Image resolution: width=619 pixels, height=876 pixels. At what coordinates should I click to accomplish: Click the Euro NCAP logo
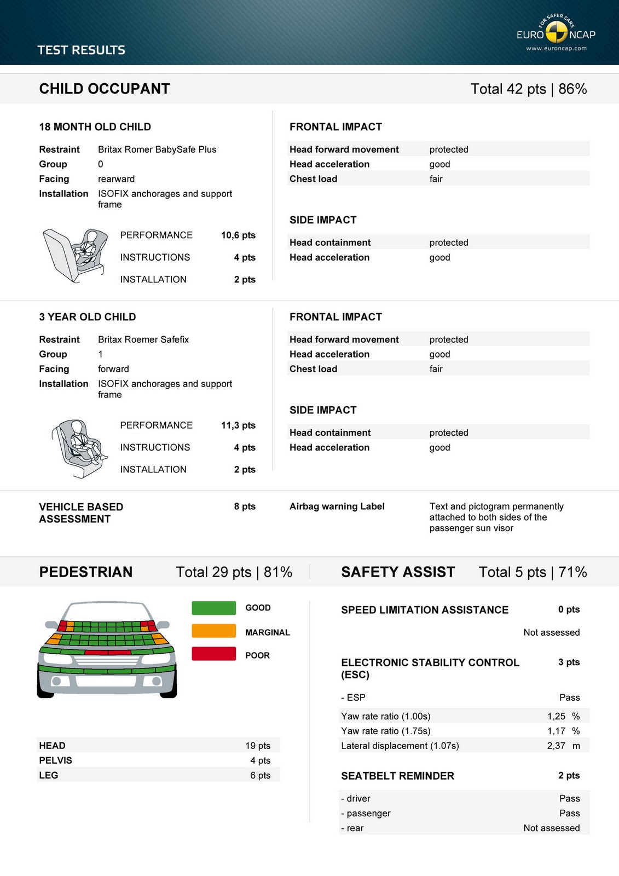click(556, 33)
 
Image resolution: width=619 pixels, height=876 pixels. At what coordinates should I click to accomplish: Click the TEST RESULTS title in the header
click(81, 50)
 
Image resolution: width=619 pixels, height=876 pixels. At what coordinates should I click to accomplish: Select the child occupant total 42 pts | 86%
click(528, 89)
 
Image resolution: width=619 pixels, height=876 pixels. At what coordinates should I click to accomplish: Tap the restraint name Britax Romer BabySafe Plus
click(157, 149)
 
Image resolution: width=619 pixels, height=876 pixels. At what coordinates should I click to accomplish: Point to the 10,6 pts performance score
click(238, 235)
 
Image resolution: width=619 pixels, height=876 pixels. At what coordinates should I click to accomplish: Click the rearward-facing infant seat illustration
click(76, 255)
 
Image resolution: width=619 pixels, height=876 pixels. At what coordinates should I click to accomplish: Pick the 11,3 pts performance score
click(238, 425)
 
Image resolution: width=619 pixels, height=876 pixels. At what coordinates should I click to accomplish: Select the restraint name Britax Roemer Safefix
click(143, 339)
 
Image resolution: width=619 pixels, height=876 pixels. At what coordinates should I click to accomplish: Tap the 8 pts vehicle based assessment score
click(245, 506)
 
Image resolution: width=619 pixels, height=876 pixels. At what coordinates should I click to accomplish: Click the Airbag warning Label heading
click(337, 506)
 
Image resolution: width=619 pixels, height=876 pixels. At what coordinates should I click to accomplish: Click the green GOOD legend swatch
click(213, 608)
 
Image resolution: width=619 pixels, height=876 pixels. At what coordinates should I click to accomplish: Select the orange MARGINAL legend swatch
click(213, 631)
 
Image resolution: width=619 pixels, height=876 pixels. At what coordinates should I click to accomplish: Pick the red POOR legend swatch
click(213, 654)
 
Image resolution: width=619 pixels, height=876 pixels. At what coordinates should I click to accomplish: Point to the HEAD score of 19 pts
click(258, 746)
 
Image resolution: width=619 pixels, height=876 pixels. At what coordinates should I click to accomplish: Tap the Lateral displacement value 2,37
click(556, 746)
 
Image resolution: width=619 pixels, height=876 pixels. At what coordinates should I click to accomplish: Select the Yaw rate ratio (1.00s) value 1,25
click(556, 716)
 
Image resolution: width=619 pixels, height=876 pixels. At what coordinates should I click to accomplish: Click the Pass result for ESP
click(569, 698)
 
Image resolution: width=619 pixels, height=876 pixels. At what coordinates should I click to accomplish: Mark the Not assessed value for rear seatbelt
click(551, 828)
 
